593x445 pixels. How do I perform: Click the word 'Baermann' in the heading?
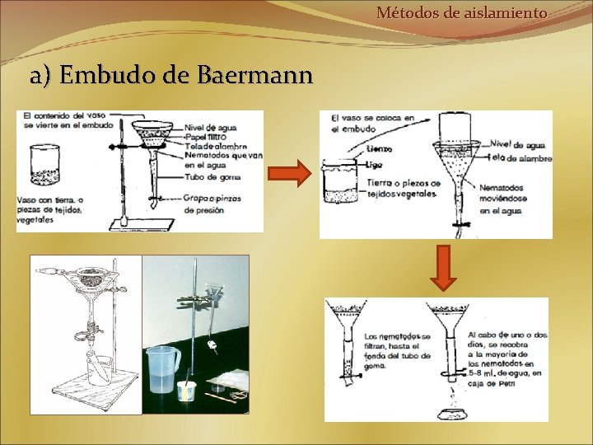[255, 76]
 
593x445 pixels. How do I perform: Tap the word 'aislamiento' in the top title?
[503, 12]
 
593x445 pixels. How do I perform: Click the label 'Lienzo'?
[381, 149]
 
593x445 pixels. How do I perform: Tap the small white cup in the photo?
[184, 390]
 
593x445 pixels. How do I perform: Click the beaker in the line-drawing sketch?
[98, 368]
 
